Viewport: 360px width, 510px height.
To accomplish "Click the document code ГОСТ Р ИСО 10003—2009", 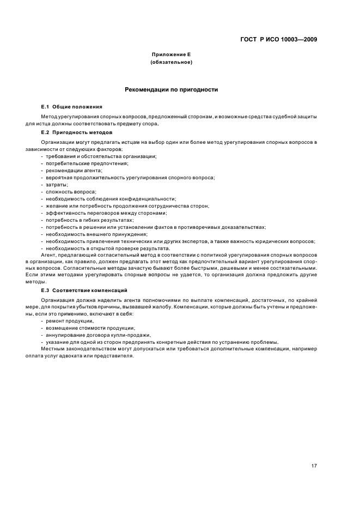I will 279,39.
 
